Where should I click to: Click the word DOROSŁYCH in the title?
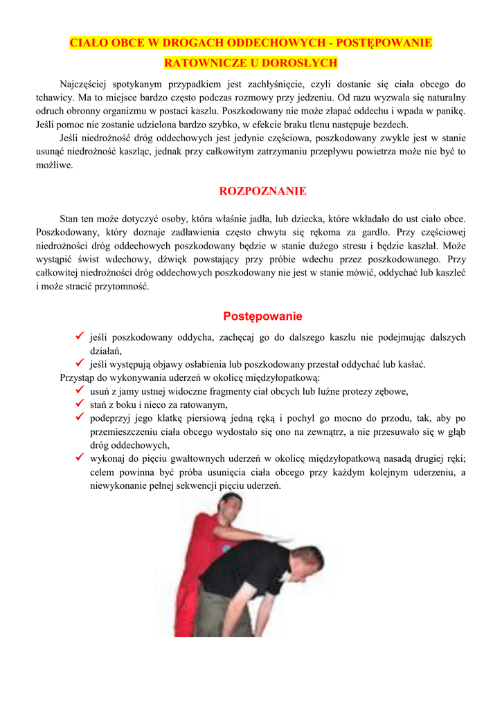click(304, 63)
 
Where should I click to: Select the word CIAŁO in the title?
click(87, 43)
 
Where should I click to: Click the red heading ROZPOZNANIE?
click(262, 191)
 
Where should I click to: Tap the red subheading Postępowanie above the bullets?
click(262, 316)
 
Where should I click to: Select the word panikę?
click(449, 111)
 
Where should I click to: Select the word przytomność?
click(120, 287)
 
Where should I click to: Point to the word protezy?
click(347, 391)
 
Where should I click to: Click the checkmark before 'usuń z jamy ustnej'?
click(80, 391)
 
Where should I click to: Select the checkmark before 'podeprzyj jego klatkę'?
click(80, 418)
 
